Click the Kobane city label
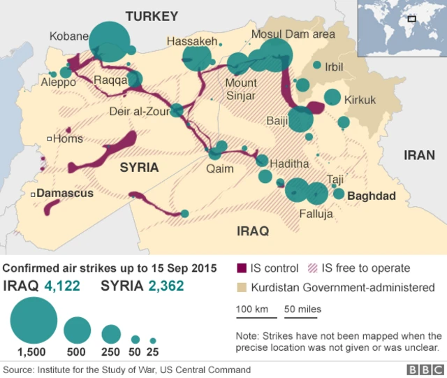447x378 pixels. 69,36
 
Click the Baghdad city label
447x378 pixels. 372,196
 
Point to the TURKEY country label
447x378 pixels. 152,16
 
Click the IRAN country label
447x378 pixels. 419,155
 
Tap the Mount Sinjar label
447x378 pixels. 240,89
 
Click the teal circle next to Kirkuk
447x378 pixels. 332,97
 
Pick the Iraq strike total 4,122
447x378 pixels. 61,285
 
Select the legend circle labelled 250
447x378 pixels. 111,334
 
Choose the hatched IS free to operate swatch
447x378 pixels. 311,268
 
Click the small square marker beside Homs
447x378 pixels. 49,139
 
